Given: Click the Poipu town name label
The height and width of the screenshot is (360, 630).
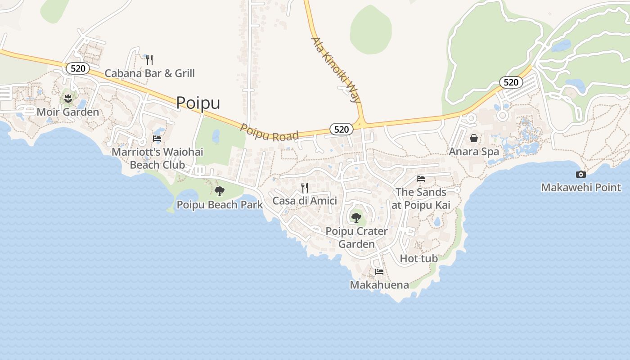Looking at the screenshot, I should (198, 103).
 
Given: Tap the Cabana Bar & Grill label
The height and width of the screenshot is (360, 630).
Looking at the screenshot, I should (149, 73).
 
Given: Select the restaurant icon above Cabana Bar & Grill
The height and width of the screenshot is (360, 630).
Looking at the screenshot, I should (149, 59).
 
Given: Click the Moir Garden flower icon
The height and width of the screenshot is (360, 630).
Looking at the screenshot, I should (68, 98).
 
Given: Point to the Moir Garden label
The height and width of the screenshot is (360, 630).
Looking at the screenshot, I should (67, 112).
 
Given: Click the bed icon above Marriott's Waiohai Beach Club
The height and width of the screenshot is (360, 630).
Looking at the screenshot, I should (157, 139).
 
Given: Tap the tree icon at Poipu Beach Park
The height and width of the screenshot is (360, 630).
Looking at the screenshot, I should (220, 191).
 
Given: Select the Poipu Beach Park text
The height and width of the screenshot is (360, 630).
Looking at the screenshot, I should (220, 205).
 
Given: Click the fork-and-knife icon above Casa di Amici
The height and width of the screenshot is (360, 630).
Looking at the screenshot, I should (305, 187).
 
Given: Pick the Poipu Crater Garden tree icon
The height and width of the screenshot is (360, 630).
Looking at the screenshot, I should (356, 218).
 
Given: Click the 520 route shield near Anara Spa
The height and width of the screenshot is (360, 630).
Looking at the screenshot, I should (511, 82).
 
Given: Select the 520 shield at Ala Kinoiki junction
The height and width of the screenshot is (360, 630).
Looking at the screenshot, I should (342, 130).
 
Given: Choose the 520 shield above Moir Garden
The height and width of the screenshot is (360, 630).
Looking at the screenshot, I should (78, 68).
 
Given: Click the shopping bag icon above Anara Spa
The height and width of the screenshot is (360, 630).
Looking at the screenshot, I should (474, 138).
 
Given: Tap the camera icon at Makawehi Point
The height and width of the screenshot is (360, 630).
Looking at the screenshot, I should (581, 174).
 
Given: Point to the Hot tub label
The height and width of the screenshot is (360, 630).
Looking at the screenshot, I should (418, 258).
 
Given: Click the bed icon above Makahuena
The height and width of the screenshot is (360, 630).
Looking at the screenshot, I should (379, 272).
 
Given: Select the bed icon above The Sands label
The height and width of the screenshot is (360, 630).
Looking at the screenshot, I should (421, 179).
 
